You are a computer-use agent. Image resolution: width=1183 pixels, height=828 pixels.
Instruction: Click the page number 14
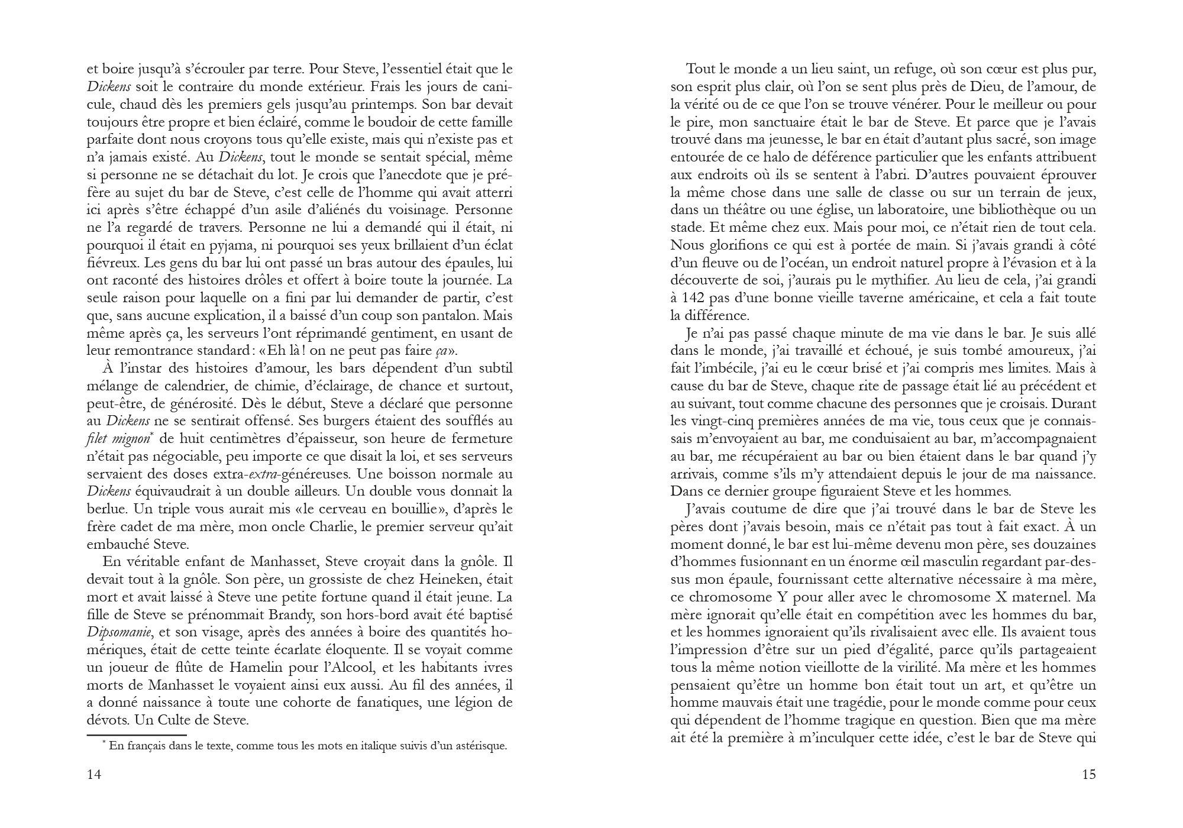[94, 775]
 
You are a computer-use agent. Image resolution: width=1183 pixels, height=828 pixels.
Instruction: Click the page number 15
[1089, 775]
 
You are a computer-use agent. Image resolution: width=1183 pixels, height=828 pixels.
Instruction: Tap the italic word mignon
[135, 439]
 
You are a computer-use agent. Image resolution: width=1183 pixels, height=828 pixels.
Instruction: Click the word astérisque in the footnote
[479, 746]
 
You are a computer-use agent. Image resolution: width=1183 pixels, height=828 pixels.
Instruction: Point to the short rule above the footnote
[137, 735]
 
